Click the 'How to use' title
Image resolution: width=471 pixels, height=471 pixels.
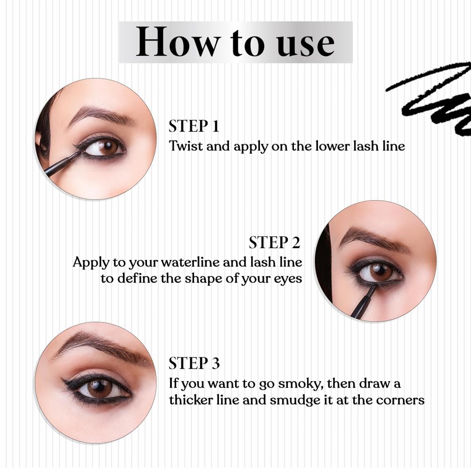(235, 42)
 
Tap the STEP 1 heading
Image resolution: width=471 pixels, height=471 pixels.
(194, 126)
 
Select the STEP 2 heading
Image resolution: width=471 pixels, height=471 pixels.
(274, 243)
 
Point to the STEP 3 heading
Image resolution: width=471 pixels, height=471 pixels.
(194, 364)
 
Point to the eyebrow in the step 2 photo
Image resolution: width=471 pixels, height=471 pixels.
(372, 238)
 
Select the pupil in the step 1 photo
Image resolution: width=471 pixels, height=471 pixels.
(109, 146)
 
